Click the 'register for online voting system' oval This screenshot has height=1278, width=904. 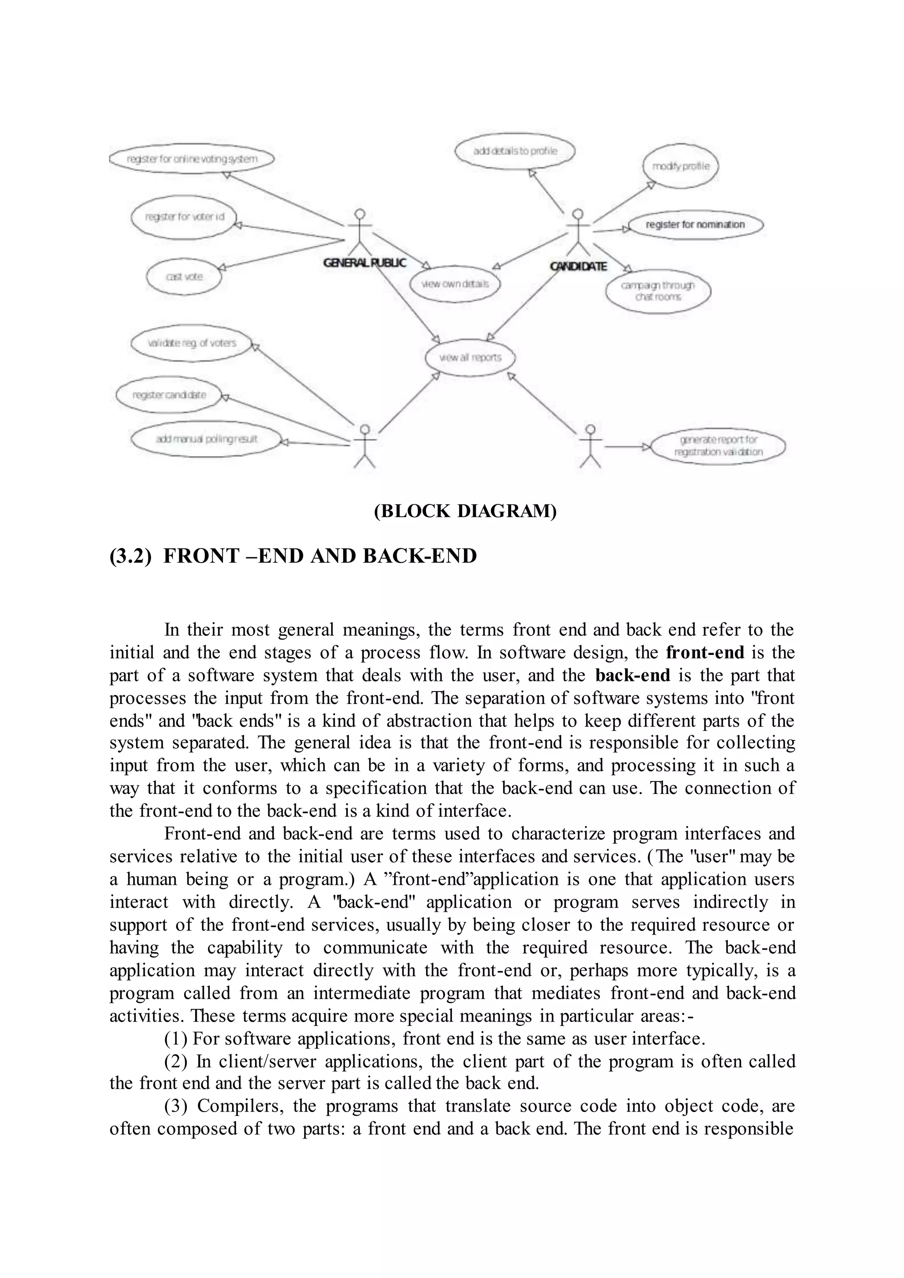coord(192,159)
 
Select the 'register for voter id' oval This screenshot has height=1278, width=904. coord(184,217)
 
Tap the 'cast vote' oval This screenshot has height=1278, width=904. coord(184,277)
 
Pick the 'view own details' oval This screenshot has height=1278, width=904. coord(455,284)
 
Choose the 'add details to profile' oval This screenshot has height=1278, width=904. coord(515,151)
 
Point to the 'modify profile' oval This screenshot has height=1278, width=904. coord(681,166)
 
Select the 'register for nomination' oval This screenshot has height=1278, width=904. coord(695,224)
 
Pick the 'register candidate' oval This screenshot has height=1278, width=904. coord(169,395)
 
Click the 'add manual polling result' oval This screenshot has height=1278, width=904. coord(206,439)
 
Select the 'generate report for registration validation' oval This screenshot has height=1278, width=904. coord(718,446)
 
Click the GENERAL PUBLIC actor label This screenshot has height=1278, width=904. coord(365,263)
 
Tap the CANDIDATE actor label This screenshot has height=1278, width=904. coord(578,267)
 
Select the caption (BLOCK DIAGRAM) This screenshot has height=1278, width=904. coord(465,511)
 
